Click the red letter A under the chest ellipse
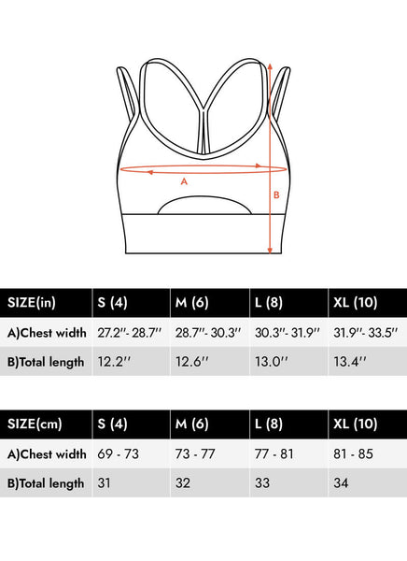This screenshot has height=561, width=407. (184, 181)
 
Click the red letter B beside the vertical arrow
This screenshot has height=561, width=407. (276, 195)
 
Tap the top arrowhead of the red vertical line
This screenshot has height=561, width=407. (270, 66)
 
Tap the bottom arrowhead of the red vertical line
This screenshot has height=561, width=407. (270, 251)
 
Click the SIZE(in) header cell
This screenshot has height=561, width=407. (46, 303)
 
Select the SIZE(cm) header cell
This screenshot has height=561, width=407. (46, 424)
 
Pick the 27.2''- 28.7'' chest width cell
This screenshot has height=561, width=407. (131, 333)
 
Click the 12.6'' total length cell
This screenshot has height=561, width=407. (210, 361)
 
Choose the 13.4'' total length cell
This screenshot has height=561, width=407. (368, 361)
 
